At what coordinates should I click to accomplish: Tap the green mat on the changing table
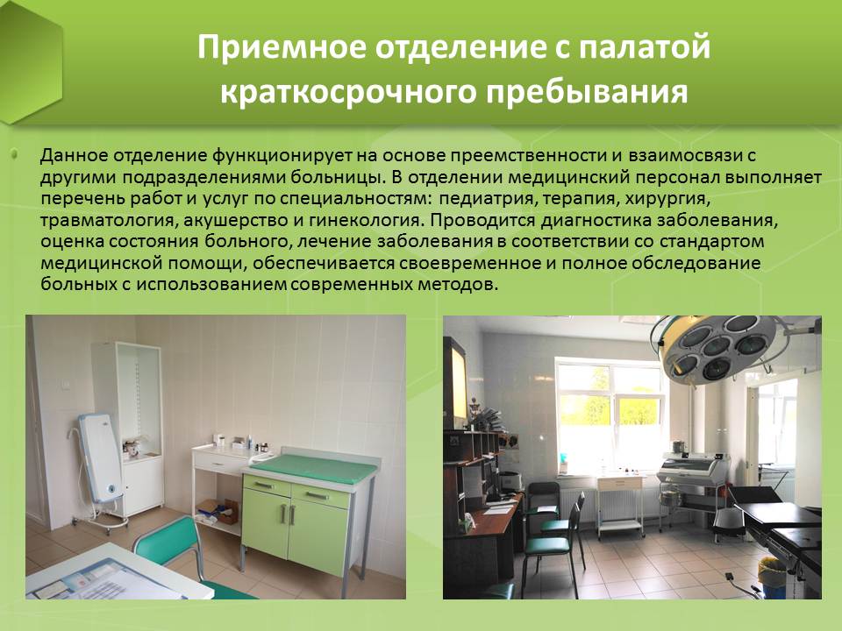pos(315,468)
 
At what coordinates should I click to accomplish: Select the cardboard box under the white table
pos(218,512)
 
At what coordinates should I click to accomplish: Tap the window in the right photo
pos(610,416)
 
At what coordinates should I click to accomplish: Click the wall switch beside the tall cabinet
pos(68,383)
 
